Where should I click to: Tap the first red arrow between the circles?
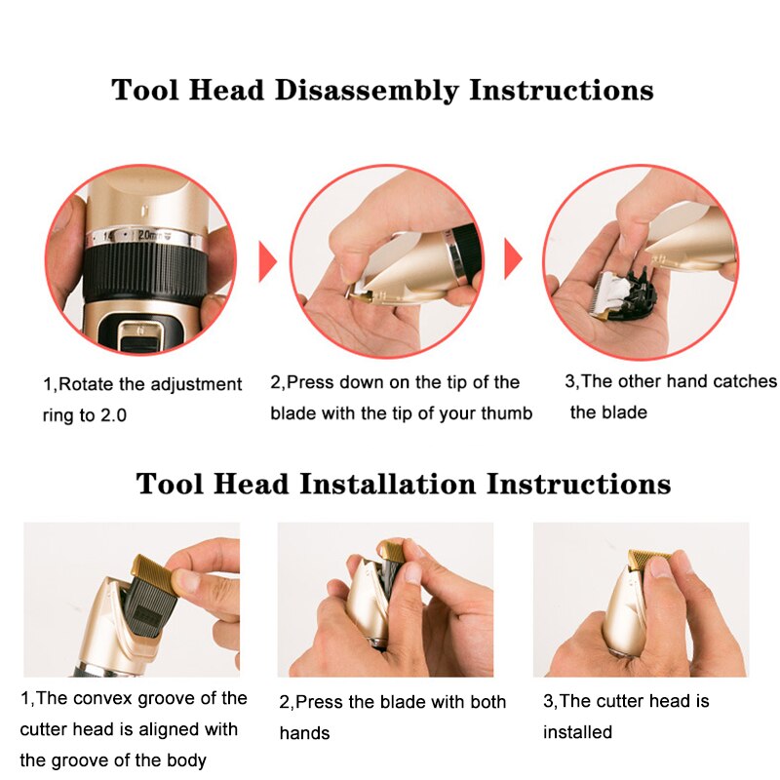267,261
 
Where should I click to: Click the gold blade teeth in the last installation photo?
648,559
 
